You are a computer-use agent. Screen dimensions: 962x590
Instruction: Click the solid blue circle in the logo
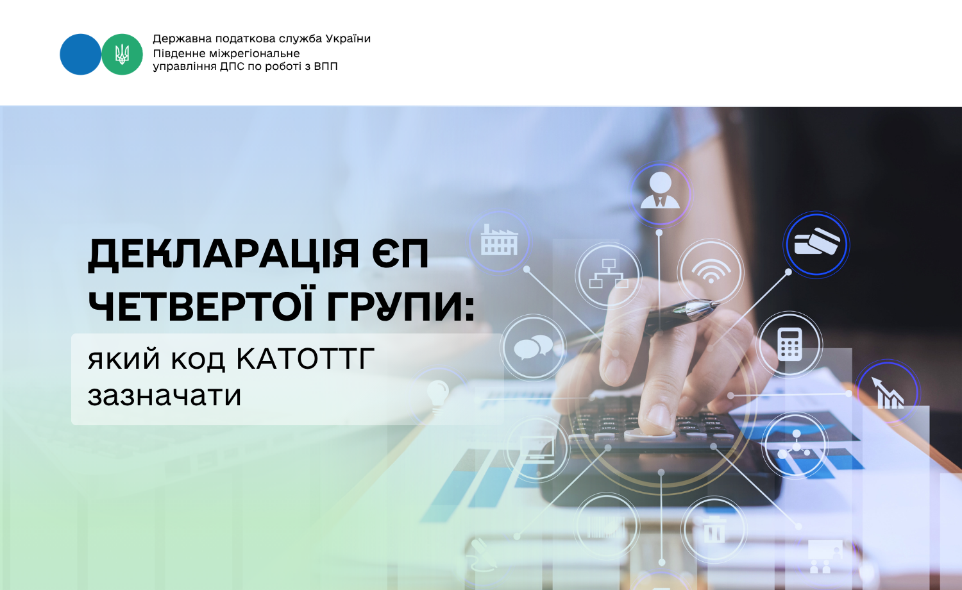coord(80,55)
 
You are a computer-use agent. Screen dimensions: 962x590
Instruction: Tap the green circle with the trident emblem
coord(122,55)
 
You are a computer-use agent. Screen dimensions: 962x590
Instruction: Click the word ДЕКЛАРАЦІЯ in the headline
coord(223,255)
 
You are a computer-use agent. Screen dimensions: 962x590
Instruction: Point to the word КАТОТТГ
coord(305,358)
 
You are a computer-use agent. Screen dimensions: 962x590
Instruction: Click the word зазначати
coord(164,395)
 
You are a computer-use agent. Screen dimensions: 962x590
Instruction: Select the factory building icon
coord(498,240)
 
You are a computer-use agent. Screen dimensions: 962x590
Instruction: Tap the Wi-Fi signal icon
coord(711,271)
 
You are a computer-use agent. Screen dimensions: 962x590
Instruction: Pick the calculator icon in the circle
coord(789,344)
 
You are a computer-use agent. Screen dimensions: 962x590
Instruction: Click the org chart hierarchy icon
coord(609,274)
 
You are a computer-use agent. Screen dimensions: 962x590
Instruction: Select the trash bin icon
coord(714,530)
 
